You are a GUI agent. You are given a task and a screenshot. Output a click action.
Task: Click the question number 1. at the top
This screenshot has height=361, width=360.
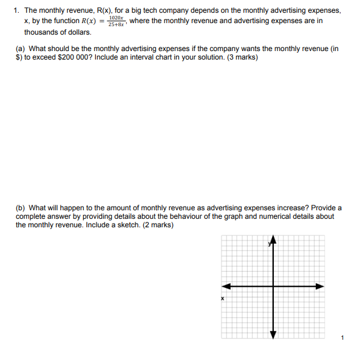click(17, 10)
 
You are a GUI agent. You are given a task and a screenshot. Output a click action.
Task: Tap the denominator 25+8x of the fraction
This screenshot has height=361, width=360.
click(115, 24)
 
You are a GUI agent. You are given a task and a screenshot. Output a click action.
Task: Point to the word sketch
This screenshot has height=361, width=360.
click(126, 225)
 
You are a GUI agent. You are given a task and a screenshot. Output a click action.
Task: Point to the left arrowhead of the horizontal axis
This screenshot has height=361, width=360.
click(225, 286)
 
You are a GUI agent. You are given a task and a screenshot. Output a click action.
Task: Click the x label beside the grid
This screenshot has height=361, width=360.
click(222, 298)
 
